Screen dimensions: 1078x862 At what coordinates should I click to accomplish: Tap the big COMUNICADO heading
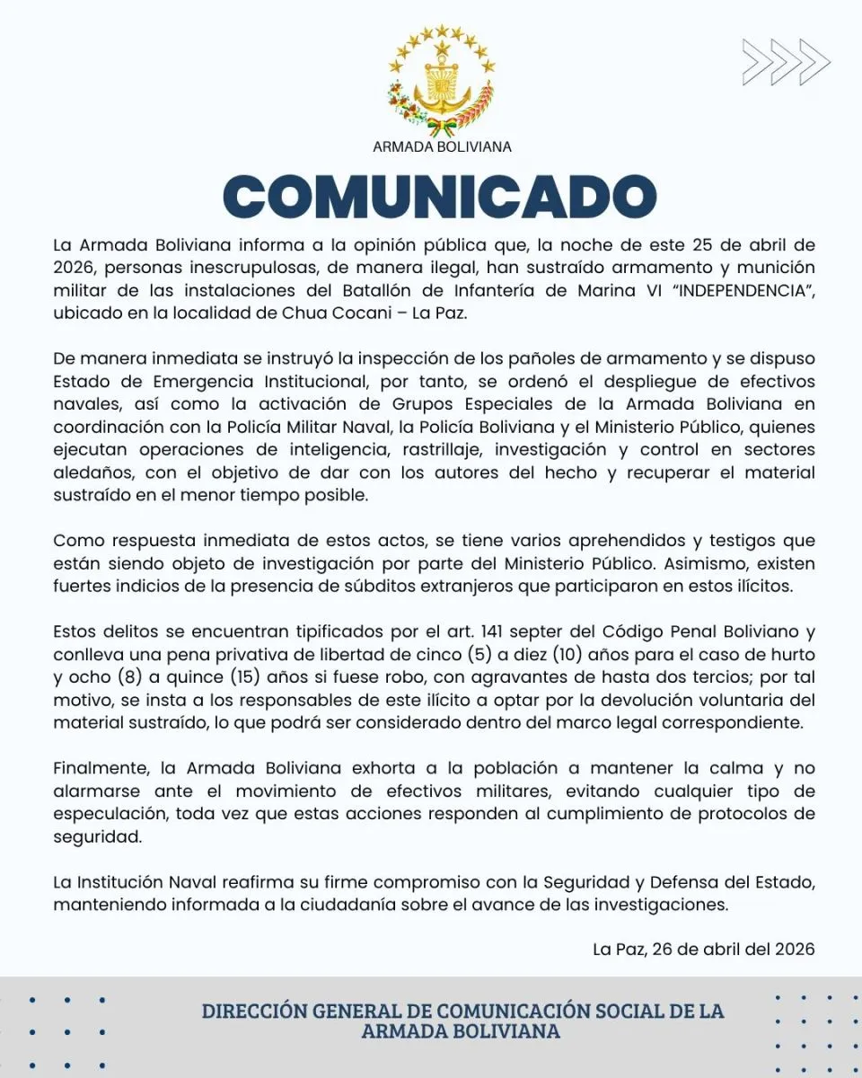coord(440,196)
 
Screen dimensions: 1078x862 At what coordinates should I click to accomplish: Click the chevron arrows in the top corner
coord(786,62)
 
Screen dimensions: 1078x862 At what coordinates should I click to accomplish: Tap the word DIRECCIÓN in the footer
coord(254,1011)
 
